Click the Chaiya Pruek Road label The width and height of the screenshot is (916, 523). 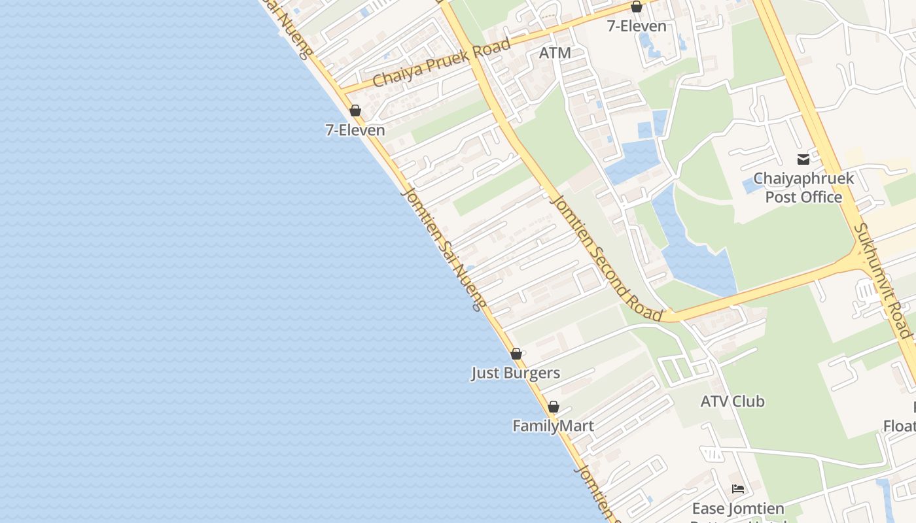pos(441,63)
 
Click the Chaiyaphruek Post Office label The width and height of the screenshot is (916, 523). pos(803,188)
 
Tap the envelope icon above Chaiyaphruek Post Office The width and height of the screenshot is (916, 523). pos(803,159)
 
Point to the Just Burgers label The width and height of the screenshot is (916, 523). pos(516,373)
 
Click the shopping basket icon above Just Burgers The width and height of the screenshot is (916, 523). pos(516,354)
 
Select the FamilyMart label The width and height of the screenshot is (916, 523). pos(553,426)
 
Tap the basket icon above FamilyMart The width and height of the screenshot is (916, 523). pos(554,407)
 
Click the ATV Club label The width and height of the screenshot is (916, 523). pos(732,401)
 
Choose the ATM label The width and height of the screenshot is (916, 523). pos(555,53)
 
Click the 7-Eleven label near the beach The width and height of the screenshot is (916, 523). pos(355,130)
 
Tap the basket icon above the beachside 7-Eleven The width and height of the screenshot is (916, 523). pos(355,110)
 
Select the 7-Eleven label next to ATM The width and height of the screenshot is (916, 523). pos(637,26)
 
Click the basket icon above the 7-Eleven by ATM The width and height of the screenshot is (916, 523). pos(637,7)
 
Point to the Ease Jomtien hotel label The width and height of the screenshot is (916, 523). pos(738,509)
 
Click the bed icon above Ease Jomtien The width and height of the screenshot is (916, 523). pos(738,489)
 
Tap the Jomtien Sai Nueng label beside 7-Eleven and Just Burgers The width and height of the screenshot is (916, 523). pos(444,249)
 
